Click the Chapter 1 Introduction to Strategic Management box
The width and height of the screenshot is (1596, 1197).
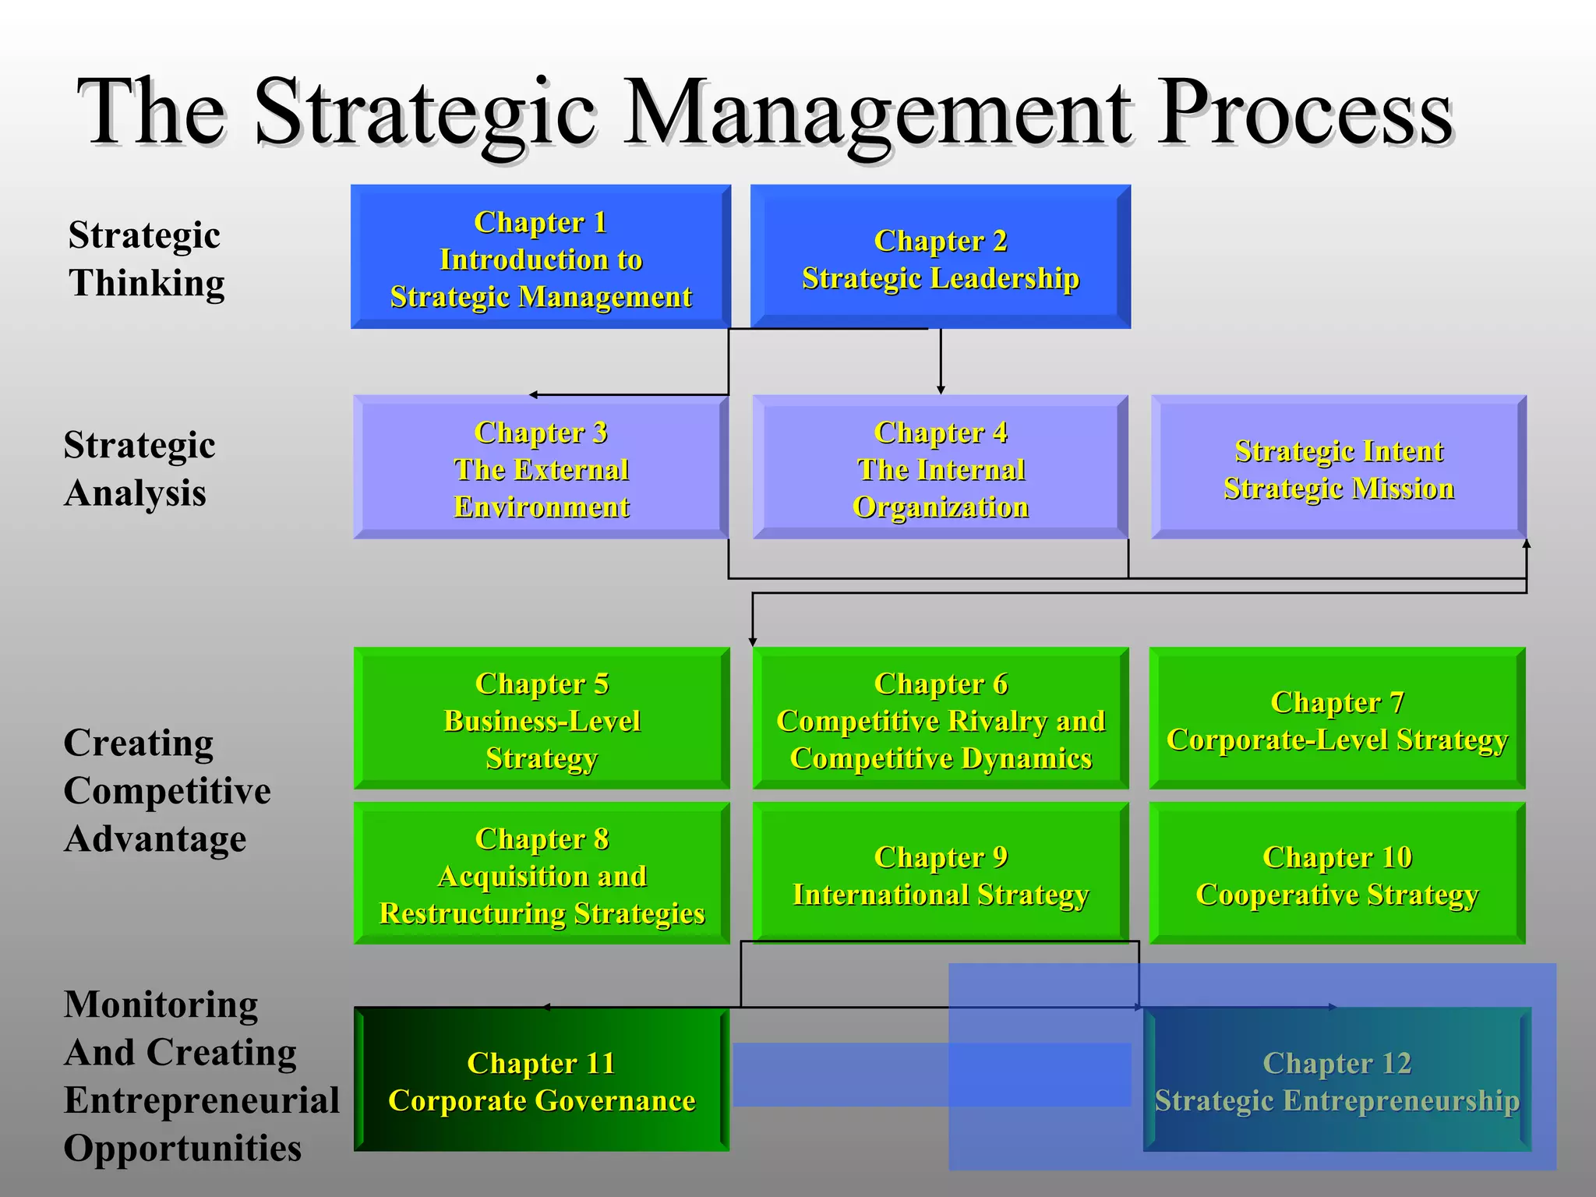(x=541, y=257)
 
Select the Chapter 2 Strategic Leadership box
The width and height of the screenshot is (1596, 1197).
(x=940, y=257)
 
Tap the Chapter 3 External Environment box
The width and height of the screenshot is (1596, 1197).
(x=541, y=468)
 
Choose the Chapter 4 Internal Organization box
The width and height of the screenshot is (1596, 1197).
(x=940, y=468)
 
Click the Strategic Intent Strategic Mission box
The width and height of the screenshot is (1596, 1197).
(x=1338, y=468)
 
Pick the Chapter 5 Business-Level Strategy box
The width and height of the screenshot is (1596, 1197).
(x=542, y=719)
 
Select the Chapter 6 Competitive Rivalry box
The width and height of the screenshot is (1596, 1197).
(x=940, y=719)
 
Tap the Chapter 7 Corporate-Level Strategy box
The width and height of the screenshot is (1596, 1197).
(x=1337, y=719)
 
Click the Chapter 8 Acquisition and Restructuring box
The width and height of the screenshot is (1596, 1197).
(x=542, y=874)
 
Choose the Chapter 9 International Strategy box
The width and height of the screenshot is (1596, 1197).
(x=940, y=874)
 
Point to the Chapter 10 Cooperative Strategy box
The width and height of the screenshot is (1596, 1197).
(x=1337, y=874)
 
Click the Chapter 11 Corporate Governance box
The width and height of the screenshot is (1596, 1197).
(x=542, y=1080)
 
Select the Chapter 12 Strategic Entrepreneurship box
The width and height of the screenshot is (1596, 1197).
(x=1337, y=1080)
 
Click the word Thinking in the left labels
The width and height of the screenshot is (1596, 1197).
(x=147, y=283)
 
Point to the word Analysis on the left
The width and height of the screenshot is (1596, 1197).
(x=136, y=493)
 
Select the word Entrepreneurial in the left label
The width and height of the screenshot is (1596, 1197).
(x=202, y=1100)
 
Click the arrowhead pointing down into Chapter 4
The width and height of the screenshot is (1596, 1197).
(x=941, y=390)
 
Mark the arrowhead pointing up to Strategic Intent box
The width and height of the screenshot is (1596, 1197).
(x=1527, y=544)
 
